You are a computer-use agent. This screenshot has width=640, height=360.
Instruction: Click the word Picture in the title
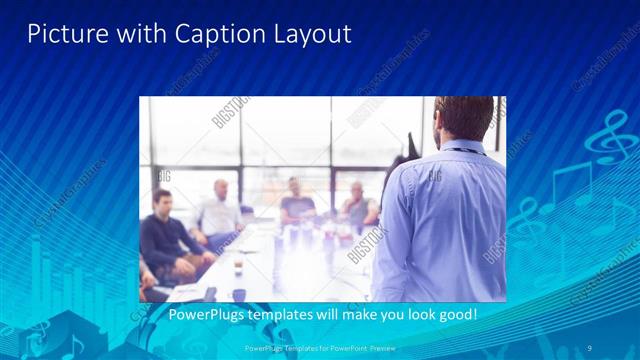63,34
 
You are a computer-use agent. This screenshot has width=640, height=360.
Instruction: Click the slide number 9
591,348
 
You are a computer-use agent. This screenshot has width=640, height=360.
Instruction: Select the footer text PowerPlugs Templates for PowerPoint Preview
320,348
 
